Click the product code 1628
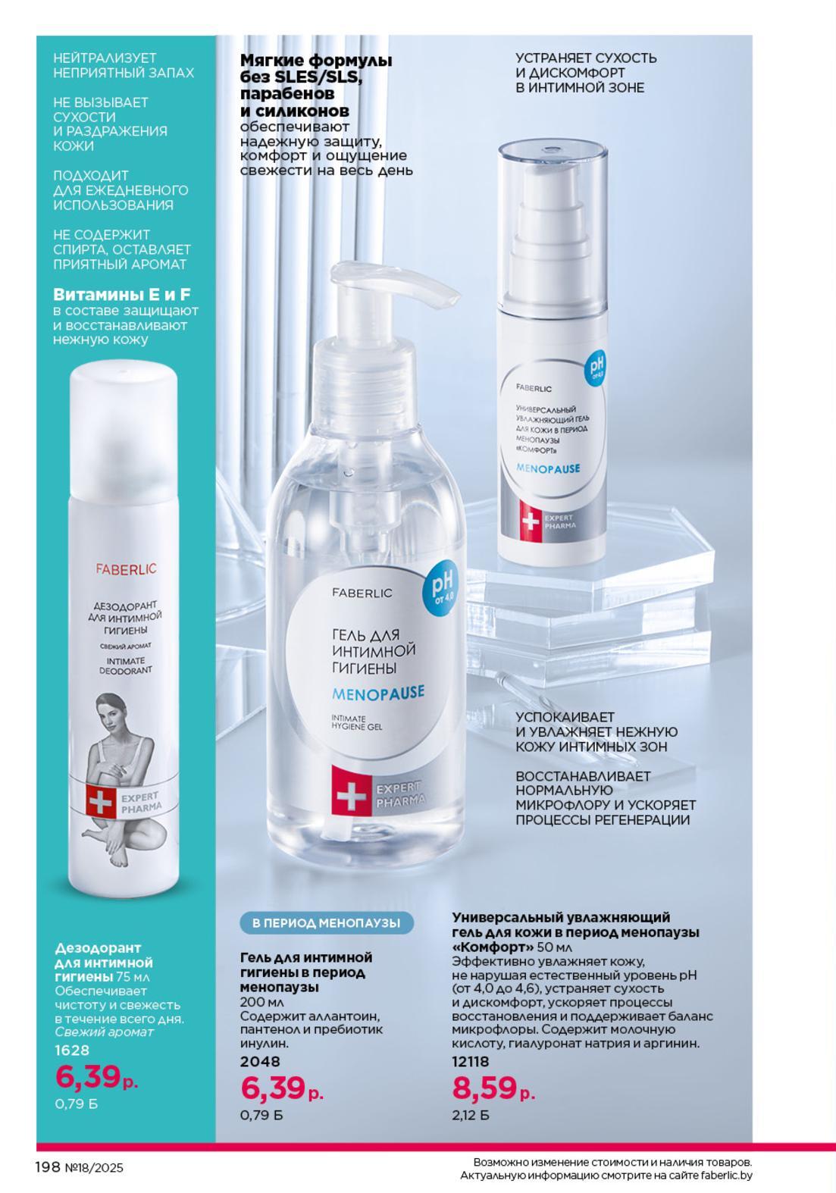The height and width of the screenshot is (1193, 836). point(72,1051)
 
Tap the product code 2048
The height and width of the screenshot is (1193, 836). point(260,1061)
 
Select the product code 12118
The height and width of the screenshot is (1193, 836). point(470,1061)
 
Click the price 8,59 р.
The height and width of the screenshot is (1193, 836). point(493,1088)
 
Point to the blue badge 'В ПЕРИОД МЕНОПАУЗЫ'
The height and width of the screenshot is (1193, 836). point(326,923)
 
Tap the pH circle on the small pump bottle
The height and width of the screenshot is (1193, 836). point(596,369)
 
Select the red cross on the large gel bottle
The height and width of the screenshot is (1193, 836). point(352,797)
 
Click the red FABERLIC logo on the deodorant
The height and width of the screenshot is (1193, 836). point(127,568)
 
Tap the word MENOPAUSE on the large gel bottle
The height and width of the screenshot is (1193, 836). point(378,693)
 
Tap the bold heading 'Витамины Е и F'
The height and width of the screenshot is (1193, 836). point(122,295)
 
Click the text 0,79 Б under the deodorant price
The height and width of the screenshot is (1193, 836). point(76,1104)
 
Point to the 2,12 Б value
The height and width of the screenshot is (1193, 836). point(471,1115)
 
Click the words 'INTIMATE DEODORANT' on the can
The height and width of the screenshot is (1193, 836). point(125,665)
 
